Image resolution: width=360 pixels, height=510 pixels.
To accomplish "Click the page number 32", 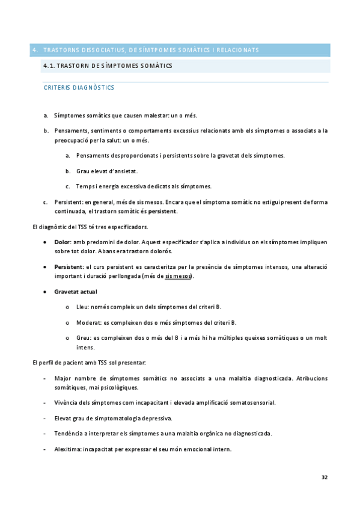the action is click(x=325, y=478).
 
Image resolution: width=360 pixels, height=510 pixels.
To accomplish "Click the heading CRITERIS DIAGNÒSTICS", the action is click(x=79, y=88).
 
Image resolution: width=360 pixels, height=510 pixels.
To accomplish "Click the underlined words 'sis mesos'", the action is click(x=178, y=276).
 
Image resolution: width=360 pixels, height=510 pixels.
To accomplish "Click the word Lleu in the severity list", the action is click(x=82, y=307).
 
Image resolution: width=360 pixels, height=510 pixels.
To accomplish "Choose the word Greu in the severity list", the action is click(x=83, y=338).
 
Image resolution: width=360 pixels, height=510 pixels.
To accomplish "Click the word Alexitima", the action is click(x=67, y=449).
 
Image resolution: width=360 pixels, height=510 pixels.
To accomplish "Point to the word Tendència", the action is click(x=69, y=433).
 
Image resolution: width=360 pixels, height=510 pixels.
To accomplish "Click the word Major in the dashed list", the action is click(x=63, y=378).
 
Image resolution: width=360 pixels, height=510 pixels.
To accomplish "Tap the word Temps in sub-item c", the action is click(x=85, y=185).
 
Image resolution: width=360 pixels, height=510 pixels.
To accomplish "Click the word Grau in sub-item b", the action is click(x=84, y=171).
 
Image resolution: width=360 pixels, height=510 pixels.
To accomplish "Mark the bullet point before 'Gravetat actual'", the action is click(x=47, y=292).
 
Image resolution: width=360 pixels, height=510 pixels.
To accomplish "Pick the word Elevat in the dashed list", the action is click(x=63, y=417).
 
